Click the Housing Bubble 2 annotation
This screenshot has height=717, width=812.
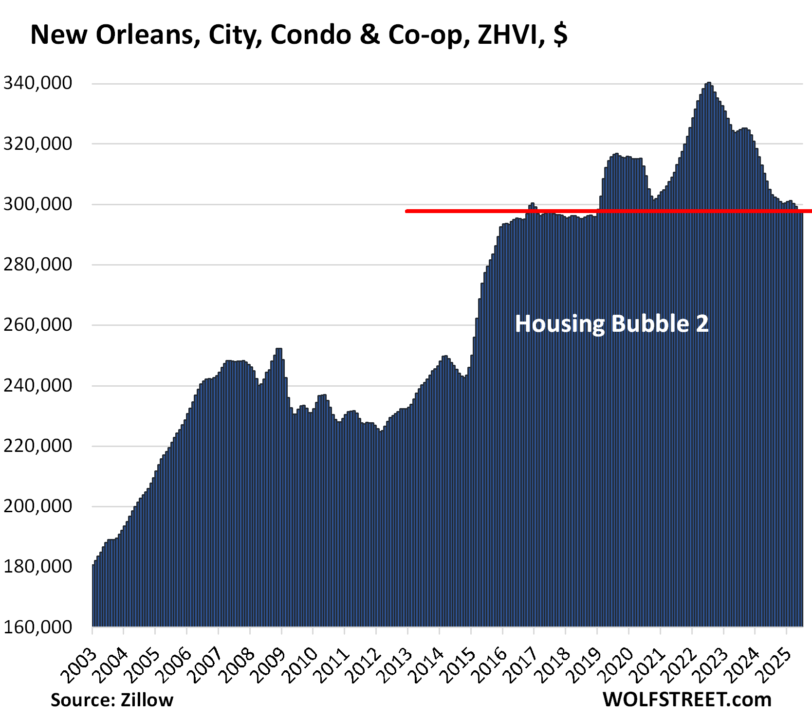coord(611,323)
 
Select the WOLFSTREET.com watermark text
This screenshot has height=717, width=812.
coord(687,700)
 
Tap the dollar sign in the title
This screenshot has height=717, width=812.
coord(560,35)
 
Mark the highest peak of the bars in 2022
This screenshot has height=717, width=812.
coord(708,84)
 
